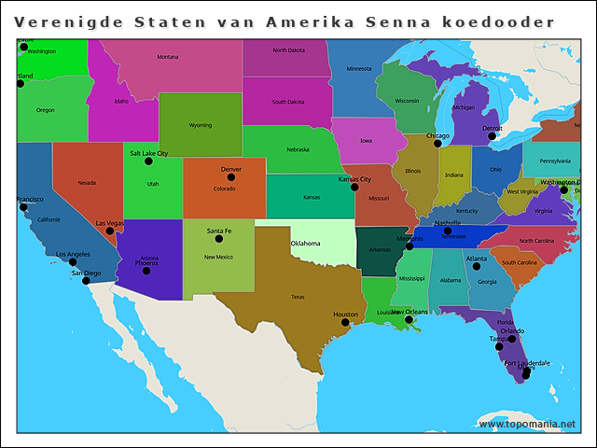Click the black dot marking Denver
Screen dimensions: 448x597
coord(231,177)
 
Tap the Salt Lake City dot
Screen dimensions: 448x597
coord(148,161)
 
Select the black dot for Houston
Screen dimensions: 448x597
coord(345,323)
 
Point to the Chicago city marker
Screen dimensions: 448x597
coord(437,144)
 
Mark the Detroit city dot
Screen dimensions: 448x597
coord(493,135)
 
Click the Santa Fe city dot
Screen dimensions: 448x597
coord(219,238)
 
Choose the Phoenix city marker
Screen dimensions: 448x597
coord(146,271)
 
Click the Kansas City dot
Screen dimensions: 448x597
coord(354,188)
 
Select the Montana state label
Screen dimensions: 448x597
coord(168,57)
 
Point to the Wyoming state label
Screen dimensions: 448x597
coord(201,125)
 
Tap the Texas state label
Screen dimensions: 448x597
coord(298,297)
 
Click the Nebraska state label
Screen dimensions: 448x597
coord(298,149)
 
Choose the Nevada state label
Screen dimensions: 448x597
coord(87,182)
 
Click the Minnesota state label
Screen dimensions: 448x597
coord(359,69)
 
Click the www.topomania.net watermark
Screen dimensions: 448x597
coord(527,424)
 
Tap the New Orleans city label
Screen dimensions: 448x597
coord(410,312)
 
